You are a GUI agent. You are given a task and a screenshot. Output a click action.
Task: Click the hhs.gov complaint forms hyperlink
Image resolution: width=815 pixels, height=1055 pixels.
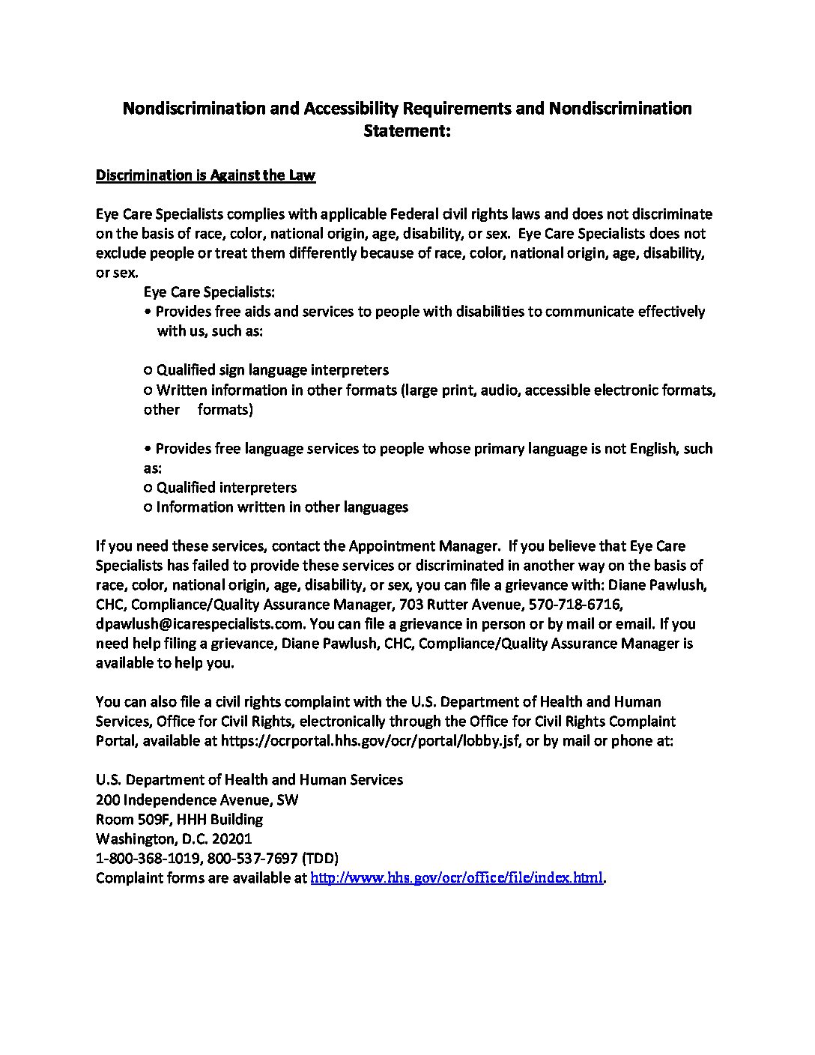click(456, 877)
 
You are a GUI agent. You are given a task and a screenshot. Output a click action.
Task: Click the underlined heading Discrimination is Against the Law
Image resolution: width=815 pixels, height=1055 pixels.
click(205, 175)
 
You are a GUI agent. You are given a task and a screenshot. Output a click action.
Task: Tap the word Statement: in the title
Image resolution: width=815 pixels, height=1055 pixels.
click(407, 132)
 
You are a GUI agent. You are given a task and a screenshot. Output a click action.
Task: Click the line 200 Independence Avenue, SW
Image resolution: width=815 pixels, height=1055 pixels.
click(197, 799)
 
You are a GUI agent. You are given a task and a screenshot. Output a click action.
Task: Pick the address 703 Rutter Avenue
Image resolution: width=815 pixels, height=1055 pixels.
click(463, 604)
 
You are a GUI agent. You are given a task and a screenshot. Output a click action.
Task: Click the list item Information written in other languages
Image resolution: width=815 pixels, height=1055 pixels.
click(282, 507)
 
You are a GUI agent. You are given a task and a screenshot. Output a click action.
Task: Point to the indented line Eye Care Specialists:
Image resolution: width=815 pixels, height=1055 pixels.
click(209, 292)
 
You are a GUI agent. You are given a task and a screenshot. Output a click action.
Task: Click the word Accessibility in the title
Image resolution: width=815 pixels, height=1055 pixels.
click(351, 109)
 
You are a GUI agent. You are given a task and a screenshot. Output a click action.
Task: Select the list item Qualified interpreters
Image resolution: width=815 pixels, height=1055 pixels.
click(226, 488)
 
